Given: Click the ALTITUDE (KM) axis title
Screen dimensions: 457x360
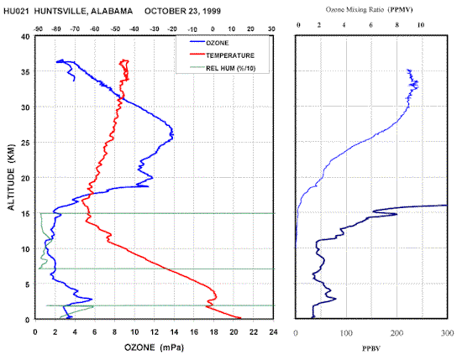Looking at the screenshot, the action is pyautogui.click(x=11, y=177).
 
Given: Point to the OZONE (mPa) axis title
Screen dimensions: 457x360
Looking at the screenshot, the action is pyautogui.click(x=154, y=347).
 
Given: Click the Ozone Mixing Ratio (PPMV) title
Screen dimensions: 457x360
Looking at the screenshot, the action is pyautogui.click(x=369, y=9).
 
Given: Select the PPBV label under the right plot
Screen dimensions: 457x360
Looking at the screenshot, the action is pyautogui.click(x=371, y=348).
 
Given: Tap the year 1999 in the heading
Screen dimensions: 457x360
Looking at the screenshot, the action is pyautogui.click(x=212, y=12).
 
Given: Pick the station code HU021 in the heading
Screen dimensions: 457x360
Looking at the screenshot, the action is pyautogui.click(x=16, y=12).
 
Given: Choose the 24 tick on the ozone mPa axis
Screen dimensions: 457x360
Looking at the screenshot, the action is pyautogui.click(x=273, y=331).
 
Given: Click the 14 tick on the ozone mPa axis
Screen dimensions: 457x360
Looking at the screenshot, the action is pyautogui.click(x=174, y=331).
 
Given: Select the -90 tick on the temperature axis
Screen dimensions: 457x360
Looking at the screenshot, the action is pyautogui.click(x=38, y=29).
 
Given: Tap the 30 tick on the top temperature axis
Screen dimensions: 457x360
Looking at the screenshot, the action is pyautogui.click(x=271, y=29).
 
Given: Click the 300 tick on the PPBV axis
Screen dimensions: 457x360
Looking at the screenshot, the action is pyautogui.click(x=448, y=332).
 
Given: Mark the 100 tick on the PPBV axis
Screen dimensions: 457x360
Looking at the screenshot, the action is pyautogui.click(x=346, y=332).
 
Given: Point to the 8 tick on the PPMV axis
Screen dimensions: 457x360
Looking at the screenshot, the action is pyautogui.click(x=397, y=25).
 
